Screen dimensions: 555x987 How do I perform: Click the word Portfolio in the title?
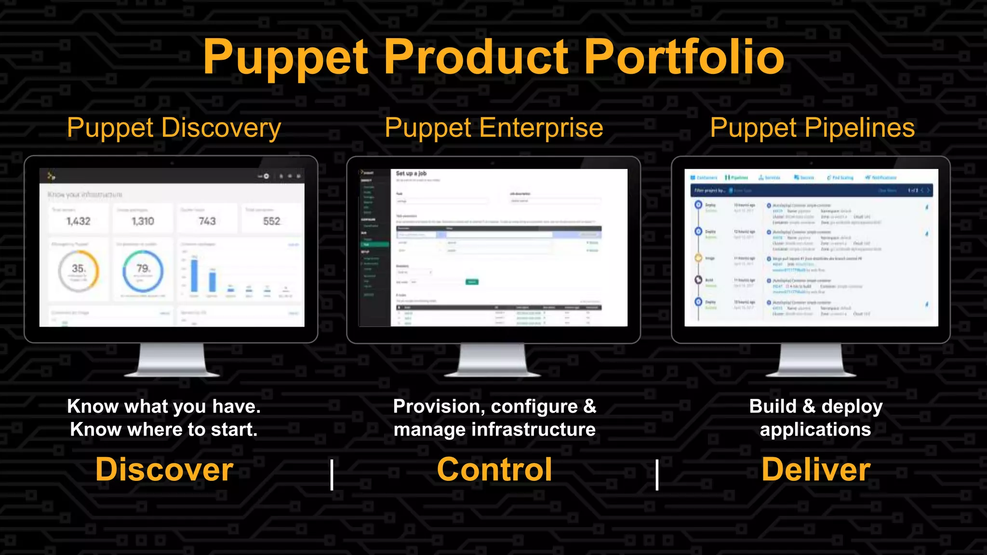tap(684, 58)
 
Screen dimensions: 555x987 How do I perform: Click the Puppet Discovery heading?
tap(173, 128)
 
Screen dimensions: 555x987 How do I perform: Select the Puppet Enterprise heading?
tap(493, 128)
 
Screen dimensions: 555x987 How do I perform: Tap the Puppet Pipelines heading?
tap(812, 128)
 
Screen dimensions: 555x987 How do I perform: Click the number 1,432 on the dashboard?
tap(79, 221)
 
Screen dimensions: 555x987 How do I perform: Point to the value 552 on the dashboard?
tap(272, 221)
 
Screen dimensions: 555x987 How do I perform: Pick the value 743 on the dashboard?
tap(207, 221)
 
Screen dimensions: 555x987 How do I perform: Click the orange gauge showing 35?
tap(79, 271)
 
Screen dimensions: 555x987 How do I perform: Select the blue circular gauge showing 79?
tap(143, 271)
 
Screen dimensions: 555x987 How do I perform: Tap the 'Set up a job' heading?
tap(411, 173)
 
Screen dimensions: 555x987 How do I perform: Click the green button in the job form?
tap(472, 282)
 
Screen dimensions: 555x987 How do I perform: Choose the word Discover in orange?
tap(164, 470)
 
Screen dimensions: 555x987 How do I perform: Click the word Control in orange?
tap(494, 470)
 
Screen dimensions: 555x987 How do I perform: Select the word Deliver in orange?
tap(816, 470)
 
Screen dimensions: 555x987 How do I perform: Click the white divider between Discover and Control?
tap(332, 475)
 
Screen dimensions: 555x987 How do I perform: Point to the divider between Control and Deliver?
tap(657, 475)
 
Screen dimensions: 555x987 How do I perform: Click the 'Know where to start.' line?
tap(164, 429)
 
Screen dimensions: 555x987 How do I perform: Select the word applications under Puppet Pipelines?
tap(815, 429)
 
